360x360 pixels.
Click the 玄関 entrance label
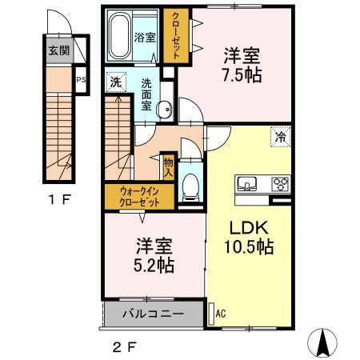click(58, 52)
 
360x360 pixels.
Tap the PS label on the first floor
click(81, 80)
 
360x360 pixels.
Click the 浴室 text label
click(144, 37)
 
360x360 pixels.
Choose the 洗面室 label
click(148, 94)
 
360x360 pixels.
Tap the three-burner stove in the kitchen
click(280, 184)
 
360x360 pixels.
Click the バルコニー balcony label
click(153, 314)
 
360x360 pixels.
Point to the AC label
click(221, 314)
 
